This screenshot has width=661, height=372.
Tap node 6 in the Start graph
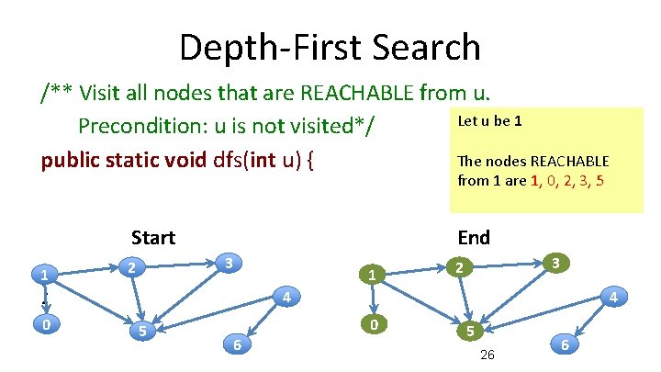[238, 344]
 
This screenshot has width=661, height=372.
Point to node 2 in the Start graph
[132, 268]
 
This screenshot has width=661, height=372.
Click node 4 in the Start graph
[286, 298]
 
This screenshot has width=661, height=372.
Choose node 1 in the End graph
[370, 274]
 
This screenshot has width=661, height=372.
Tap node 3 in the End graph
[555, 264]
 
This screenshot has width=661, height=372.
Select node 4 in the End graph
[612, 297]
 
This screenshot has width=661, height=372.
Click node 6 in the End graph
[565, 344]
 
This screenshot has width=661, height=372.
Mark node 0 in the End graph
[372, 324]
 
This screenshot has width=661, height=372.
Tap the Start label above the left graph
[152, 238]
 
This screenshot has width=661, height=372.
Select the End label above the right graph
[474, 238]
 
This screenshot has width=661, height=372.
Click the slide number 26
[487, 355]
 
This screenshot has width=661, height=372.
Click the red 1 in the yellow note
[535, 180]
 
